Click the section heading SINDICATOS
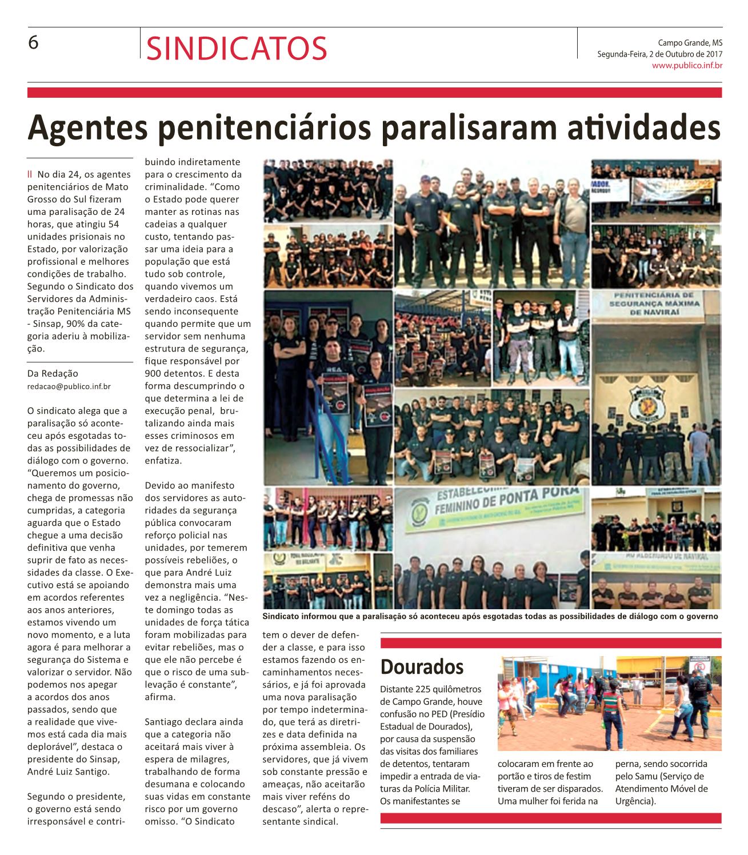[237, 48]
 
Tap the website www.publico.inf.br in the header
[687, 66]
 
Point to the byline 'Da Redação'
[53, 373]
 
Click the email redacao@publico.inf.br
[69, 386]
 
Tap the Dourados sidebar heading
[422, 666]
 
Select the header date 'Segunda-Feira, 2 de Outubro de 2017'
[659, 54]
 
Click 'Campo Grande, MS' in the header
[690, 42]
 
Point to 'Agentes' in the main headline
[87, 128]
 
